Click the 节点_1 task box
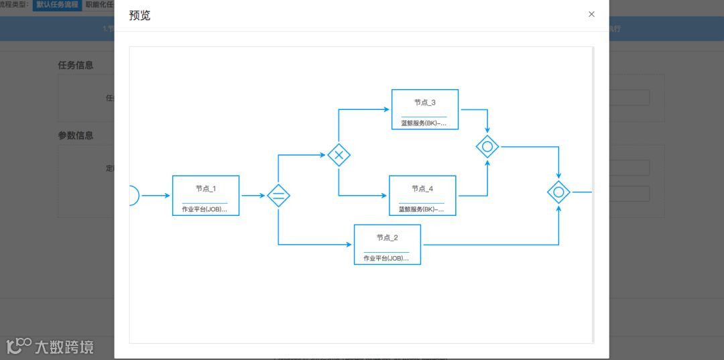pos(206,195)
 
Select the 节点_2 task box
pos(387,244)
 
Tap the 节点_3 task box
pos(424,109)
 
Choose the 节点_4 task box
pos(422,195)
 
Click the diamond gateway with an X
pos(339,155)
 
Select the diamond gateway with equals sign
pos(278,196)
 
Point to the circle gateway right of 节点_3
pos(487,146)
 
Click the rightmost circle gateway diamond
pos(558,192)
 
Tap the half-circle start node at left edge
pos(133,196)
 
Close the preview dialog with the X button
pos(591,14)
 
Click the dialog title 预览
pos(139,15)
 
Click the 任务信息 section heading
pos(76,65)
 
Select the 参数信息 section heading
pos(76,135)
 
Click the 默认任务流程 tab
pos(57,5)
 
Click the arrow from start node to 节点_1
pos(156,196)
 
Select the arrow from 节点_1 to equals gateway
pos(253,196)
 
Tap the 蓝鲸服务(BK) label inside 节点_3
pos(423,123)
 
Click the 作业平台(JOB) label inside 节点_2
pos(386,258)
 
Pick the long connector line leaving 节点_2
pos(489,245)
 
